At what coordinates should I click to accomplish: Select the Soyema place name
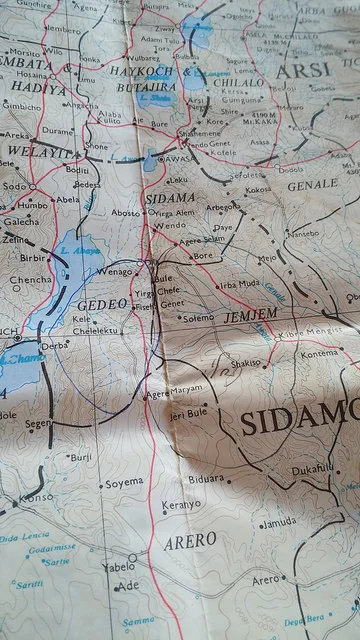[x=125, y=482]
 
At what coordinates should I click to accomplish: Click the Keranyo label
[x=180, y=505]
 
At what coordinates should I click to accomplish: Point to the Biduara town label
[x=207, y=478]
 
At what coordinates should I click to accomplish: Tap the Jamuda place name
[x=278, y=521]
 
